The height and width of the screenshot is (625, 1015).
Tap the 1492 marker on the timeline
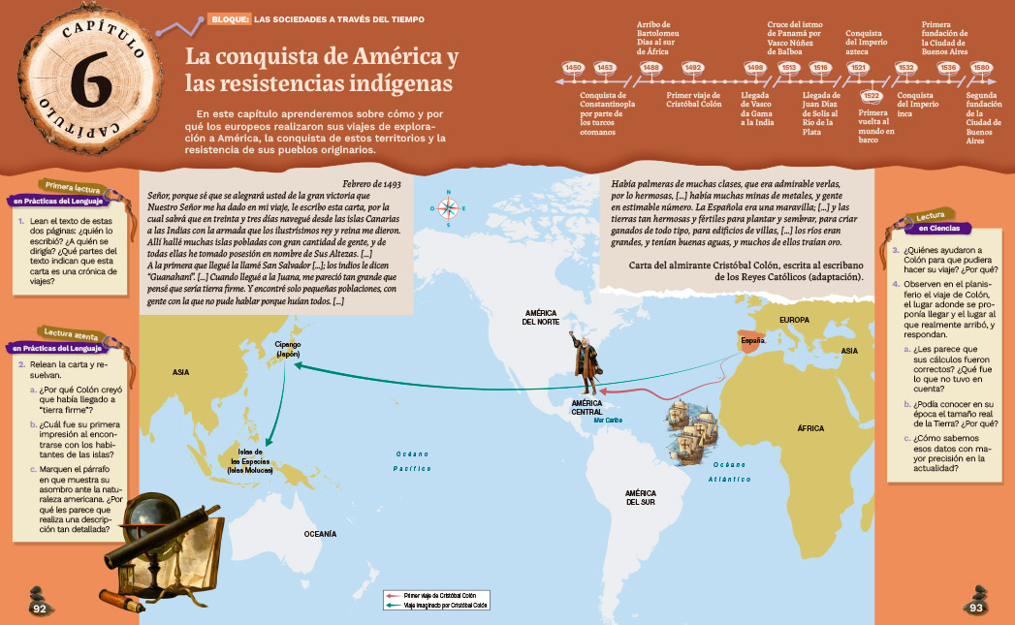point(692,67)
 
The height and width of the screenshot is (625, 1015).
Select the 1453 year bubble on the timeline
point(605,67)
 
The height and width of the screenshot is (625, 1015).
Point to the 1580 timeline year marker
point(981,67)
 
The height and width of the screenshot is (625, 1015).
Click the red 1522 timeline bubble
point(871,95)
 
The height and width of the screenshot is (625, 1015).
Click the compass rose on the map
point(448,207)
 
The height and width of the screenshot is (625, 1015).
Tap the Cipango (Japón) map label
point(288,349)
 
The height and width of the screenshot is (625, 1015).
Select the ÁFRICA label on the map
point(810,427)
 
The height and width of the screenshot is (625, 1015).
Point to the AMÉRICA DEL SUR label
point(640,497)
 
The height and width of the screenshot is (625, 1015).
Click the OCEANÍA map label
point(320,534)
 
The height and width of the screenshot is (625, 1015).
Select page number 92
point(40,608)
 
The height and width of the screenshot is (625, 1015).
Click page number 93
point(975,608)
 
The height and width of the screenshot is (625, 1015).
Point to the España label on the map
point(753,341)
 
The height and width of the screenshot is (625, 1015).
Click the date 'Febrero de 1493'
point(379,182)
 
